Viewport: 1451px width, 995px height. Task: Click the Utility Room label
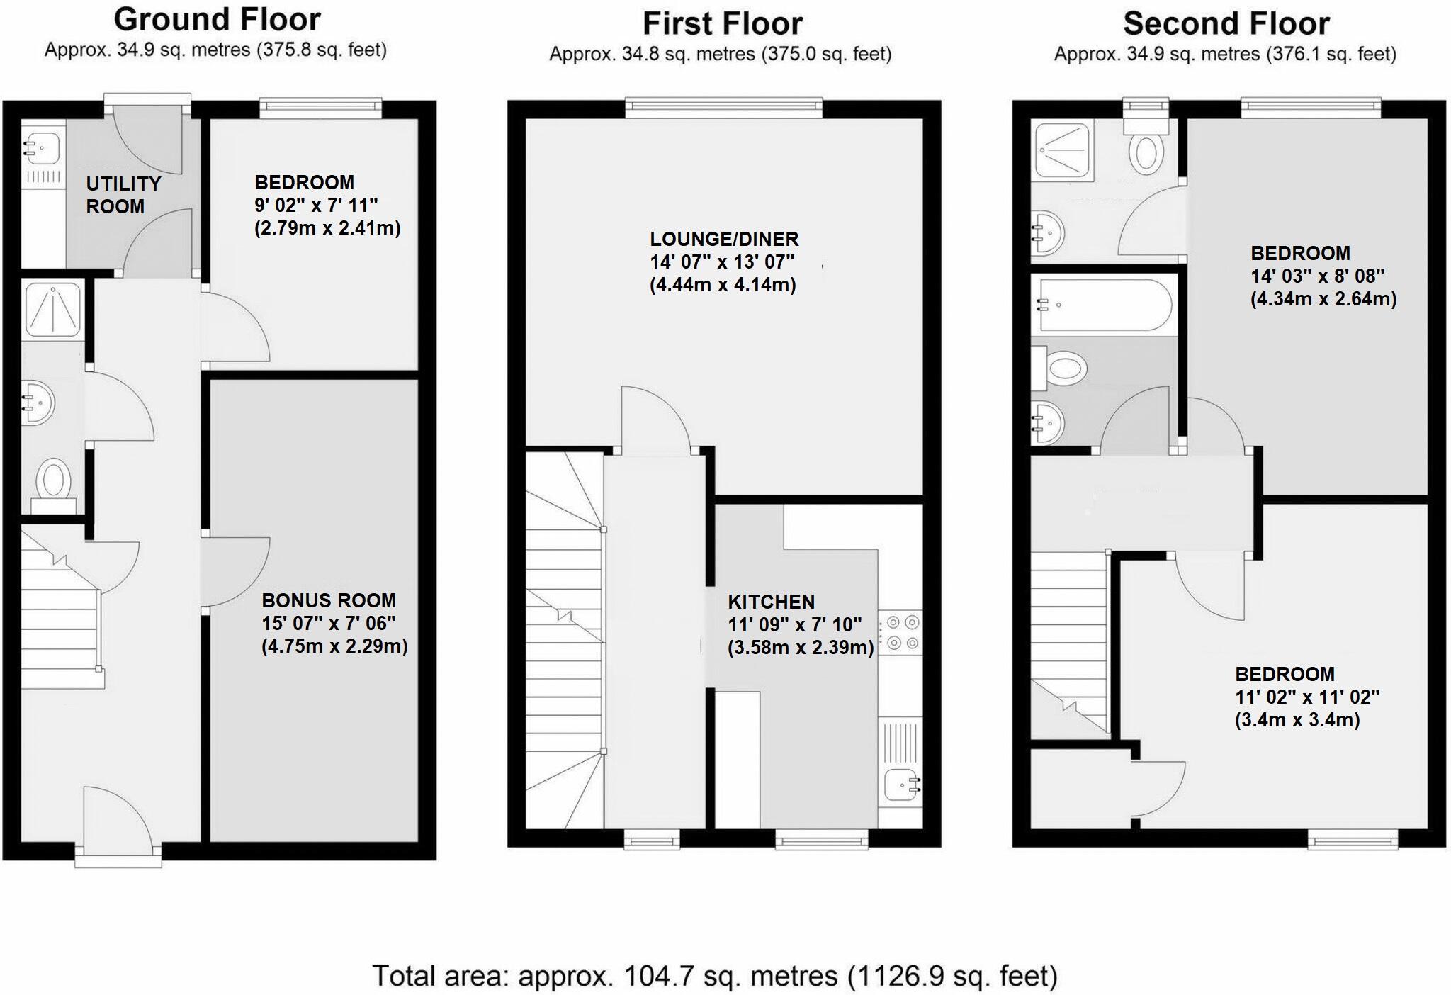123,195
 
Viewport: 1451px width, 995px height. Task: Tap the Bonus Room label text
329,600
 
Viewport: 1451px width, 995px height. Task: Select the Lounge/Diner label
724,239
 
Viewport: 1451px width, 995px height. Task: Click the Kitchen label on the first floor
771,602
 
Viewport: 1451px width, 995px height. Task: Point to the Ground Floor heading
217,19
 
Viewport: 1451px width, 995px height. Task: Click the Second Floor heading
1226,23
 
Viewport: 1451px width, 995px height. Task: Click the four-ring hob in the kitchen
902,633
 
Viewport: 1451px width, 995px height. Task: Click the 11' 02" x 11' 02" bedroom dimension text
1307,697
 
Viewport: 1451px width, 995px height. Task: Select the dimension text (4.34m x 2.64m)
1323,298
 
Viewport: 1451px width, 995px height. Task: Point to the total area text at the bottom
714,976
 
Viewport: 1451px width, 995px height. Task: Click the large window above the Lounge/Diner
723,107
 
